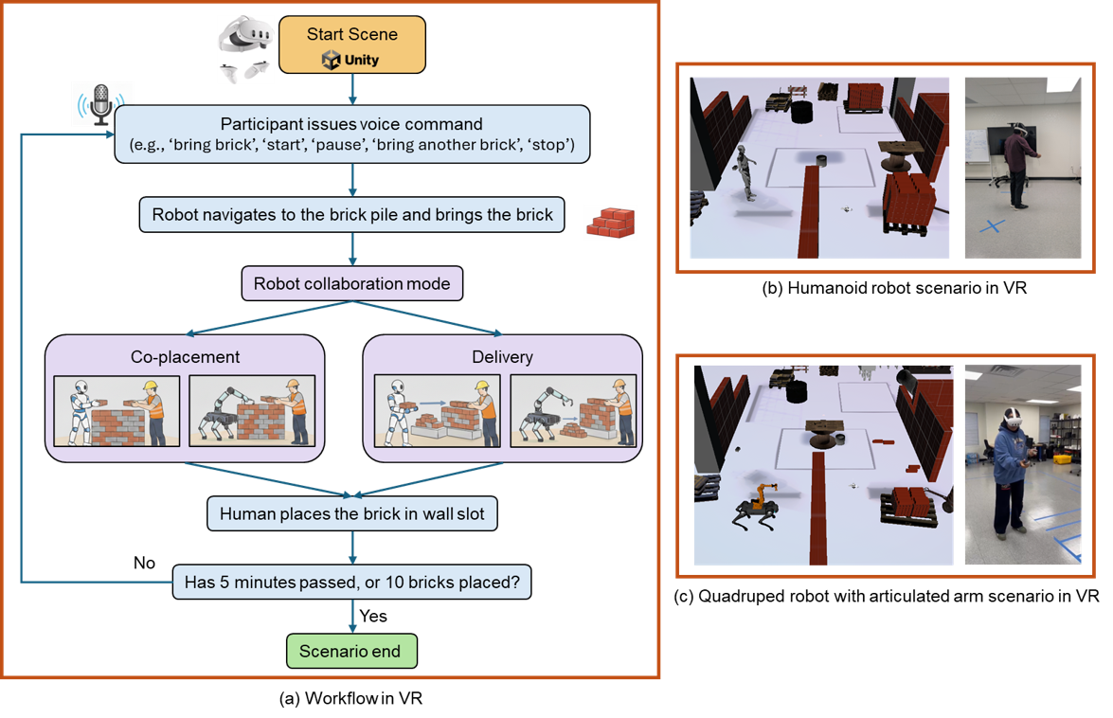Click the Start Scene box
pyautogui.click(x=351, y=45)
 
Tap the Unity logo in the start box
pyautogui.click(x=350, y=61)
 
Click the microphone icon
pyautogui.click(x=102, y=103)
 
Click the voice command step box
pyautogui.click(x=352, y=134)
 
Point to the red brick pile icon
pyautogui.click(x=609, y=223)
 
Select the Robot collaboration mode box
pyautogui.click(x=352, y=283)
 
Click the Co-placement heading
pyautogui.click(x=185, y=357)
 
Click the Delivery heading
pyautogui.click(x=502, y=357)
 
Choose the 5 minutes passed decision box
pyautogui.click(x=351, y=583)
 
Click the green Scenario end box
pyautogui.click(x=350, y=651)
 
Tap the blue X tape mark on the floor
pyautogui.click(x=992, y=227)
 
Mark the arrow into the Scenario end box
pyautogui.click(x=352, y=618)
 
